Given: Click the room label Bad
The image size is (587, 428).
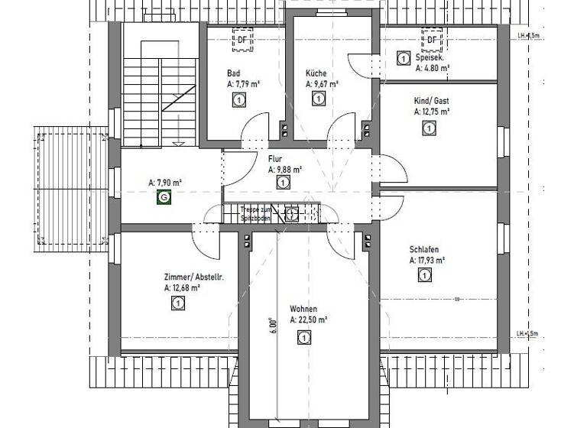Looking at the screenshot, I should click(233, 73).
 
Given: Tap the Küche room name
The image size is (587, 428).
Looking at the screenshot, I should click(316, 73).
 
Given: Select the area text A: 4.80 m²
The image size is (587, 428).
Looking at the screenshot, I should click(433, 68).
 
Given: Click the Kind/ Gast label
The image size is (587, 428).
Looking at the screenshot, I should click(432, 101).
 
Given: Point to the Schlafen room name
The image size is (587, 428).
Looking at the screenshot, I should click(423, 250).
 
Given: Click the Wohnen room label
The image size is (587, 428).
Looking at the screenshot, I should click(303, 310).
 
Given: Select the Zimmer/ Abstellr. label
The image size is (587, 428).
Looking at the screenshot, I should click(193, 277).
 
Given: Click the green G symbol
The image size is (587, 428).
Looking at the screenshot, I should click(164, 197).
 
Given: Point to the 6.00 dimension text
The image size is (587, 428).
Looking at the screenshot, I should click(271, 324).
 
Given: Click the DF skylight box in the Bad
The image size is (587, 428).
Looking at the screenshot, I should click(242, 40).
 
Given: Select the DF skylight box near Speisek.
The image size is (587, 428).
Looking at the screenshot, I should click(432, 40).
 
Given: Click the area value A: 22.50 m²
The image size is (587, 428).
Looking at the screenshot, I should click(309, 321).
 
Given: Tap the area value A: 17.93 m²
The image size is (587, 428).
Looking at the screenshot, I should click(427, 261).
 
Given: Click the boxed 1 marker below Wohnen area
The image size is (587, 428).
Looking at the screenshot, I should click(304, 338).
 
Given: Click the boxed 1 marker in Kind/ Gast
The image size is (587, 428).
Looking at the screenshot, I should click(426, 128).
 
